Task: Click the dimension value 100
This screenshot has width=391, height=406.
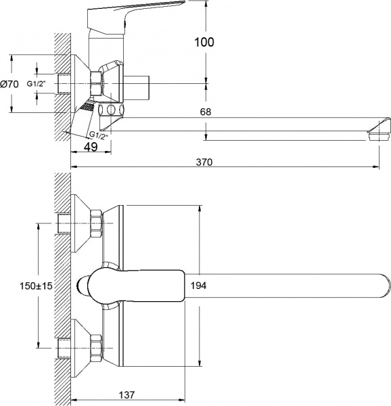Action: (x=203, y=43)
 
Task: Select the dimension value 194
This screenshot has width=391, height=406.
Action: (x=198, y=285)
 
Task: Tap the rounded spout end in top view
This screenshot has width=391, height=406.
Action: (x=379, y=286)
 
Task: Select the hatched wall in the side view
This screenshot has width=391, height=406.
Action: (x=62, y=81)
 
